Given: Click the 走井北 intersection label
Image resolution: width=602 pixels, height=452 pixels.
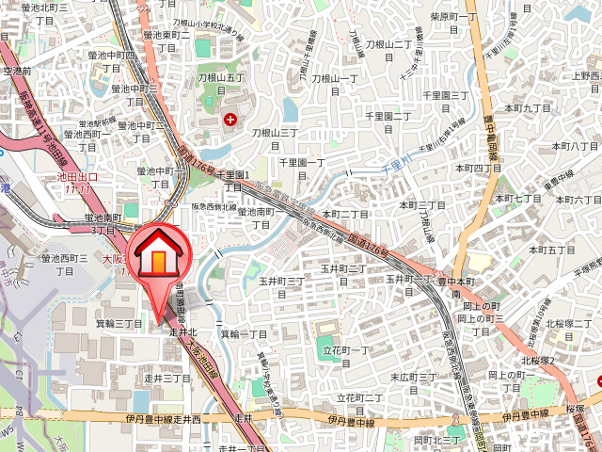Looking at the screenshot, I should (182, 332).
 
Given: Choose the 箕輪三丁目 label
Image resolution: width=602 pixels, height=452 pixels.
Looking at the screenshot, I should (119, 324).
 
